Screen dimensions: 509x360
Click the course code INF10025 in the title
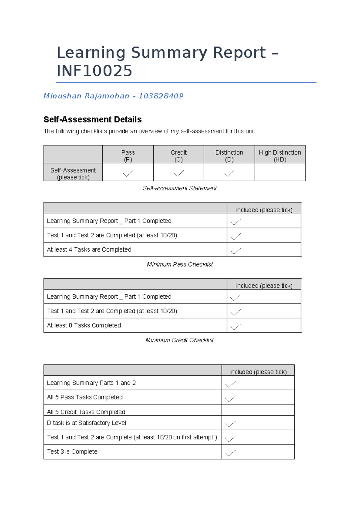point(94,71)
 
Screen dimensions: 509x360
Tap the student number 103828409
point(161,96)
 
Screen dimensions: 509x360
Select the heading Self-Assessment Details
point(92,119)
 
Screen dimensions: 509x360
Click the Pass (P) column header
point(128,155)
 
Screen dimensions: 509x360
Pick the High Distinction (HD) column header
point(280,155)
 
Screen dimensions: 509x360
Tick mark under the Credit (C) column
point(179,173)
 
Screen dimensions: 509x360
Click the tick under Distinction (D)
point(229,173)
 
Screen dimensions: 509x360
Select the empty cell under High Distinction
point(280,172)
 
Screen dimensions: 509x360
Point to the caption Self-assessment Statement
point(180,188)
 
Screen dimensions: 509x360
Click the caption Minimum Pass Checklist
point(180,264)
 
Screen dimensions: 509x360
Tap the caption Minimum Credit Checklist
point(179,340)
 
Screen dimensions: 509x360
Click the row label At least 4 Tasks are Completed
point(89,250)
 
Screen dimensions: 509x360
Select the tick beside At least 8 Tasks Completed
point(235,327)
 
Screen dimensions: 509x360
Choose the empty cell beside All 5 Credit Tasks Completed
point(258,410)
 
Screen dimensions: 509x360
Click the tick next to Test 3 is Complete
point(230,453)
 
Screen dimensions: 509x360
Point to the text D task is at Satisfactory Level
point(86,423)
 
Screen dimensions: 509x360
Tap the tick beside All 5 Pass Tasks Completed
point(230,399)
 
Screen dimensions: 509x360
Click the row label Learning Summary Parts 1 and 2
point(91,383)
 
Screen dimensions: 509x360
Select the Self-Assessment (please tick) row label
point(73,173)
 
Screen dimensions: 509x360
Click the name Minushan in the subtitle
point(62,96)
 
